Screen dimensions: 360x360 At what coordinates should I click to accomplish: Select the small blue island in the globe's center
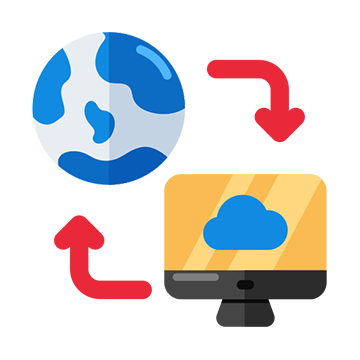click(100, 120)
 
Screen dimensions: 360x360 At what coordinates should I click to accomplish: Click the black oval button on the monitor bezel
click(245, 285)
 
